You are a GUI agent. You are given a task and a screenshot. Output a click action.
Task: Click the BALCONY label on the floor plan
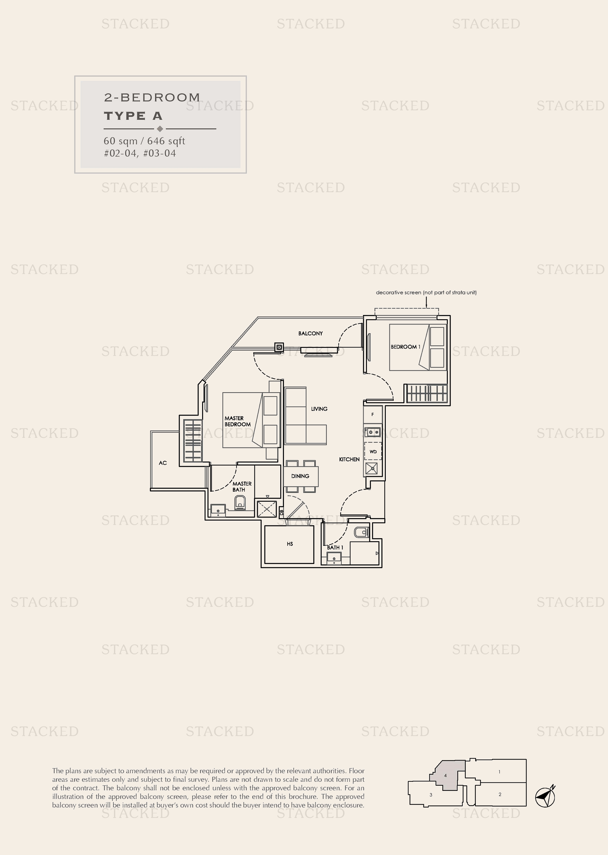(310, 334)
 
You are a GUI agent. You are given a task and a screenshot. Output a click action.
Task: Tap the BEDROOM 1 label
(406, 347)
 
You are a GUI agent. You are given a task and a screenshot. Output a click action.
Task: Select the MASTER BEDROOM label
(237, 421)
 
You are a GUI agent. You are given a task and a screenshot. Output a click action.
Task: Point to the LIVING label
(319, 409)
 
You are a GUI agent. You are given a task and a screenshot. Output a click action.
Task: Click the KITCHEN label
(349, 459)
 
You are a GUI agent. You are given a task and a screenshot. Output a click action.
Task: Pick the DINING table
(301, 476)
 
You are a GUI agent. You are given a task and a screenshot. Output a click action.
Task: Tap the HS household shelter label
(290, 544)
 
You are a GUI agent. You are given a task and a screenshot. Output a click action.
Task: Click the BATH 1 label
(335, 548)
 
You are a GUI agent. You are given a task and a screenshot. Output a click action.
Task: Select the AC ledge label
(162, 463)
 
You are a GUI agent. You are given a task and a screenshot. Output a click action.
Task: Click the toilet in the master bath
(240, 503)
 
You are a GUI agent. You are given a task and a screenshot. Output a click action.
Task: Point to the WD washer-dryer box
(373, 452)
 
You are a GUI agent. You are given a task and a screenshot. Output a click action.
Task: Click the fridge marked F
(372, 415)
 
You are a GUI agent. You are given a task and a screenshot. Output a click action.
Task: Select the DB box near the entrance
(282, 511)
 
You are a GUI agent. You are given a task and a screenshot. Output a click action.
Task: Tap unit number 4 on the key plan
(445, 775)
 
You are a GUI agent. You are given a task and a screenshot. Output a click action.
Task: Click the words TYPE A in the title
(133, 116)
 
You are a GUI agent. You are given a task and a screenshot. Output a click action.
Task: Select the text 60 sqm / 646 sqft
(144, 141)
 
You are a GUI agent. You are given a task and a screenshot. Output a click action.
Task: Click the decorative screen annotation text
(426, 292)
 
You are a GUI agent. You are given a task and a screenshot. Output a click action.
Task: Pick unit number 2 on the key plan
(500, 794)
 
